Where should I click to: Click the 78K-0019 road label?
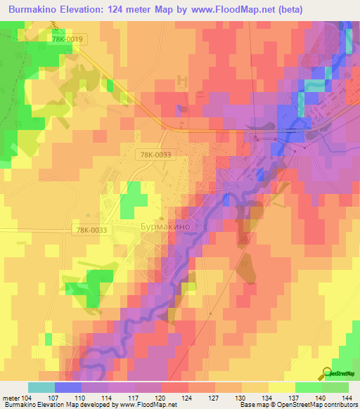[68, 41]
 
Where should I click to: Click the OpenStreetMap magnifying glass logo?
[328, 373]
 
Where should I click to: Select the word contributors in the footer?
[338, 405]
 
